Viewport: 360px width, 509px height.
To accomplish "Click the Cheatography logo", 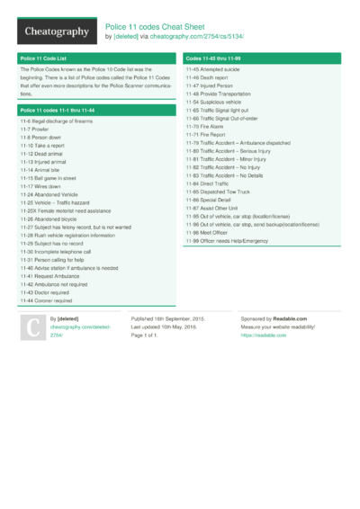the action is (54, 31).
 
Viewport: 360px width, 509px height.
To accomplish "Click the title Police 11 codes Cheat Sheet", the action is (164, 26).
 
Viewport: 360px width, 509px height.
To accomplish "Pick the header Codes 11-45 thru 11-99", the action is (212, 58).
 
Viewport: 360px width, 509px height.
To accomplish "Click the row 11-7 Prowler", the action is (35, 128).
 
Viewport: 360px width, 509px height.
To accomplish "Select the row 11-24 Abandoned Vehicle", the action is (49, 194).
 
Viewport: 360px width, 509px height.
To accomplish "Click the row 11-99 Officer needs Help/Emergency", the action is (227, 241).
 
